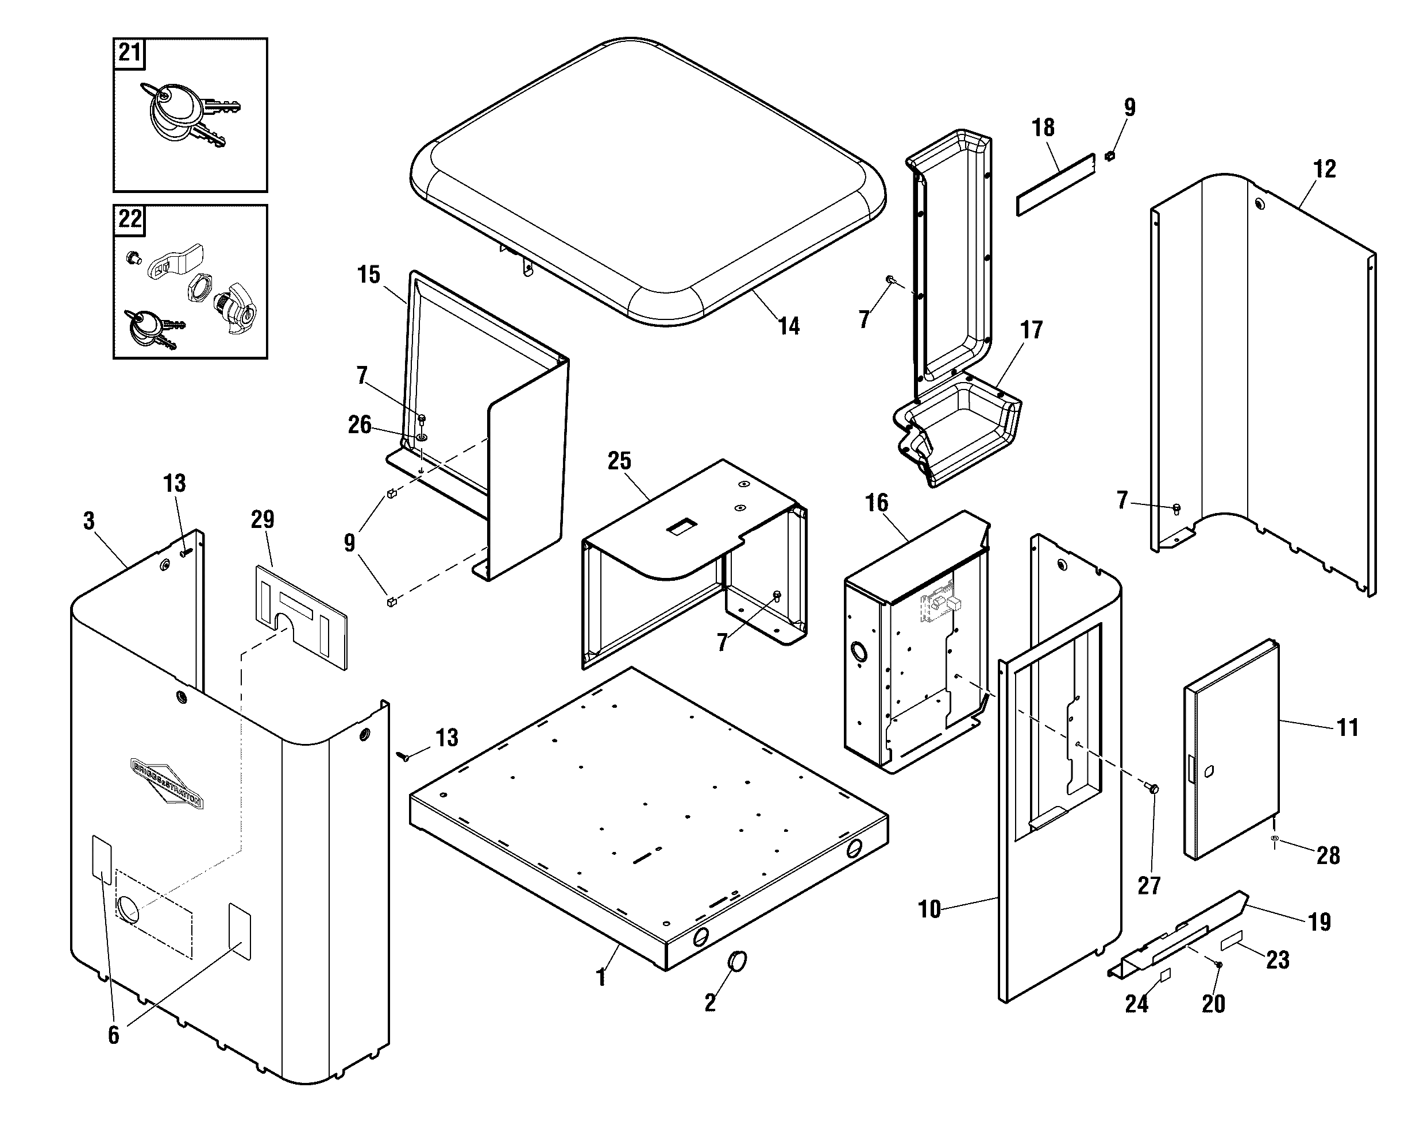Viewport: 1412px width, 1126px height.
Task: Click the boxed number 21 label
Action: tap(129, 52)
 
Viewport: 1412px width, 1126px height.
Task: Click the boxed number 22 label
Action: tap(129, 219)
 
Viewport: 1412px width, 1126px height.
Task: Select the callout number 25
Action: tap(619, 461)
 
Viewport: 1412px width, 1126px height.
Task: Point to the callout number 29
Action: tap(263, 519)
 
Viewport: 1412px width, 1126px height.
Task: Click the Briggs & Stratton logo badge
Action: tap(168, 784)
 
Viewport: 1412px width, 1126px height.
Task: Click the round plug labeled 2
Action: tap(737, 961)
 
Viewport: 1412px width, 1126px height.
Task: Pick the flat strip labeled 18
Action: tap(1055, 186)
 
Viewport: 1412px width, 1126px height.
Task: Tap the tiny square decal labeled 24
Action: tap(1165, 975)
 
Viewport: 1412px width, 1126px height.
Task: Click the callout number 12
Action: tap(1324, 169)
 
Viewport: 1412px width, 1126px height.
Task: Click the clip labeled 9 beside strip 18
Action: tap(1109, 156)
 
